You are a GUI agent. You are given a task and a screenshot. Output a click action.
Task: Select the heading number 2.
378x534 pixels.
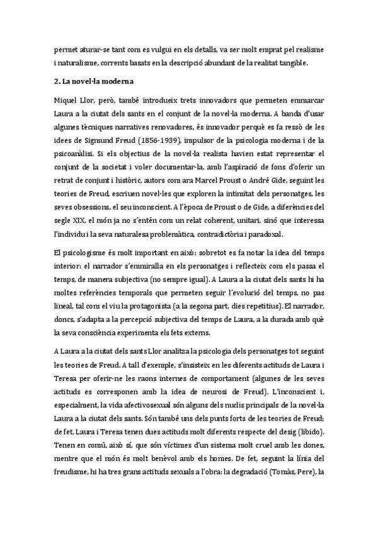(57, 81)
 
